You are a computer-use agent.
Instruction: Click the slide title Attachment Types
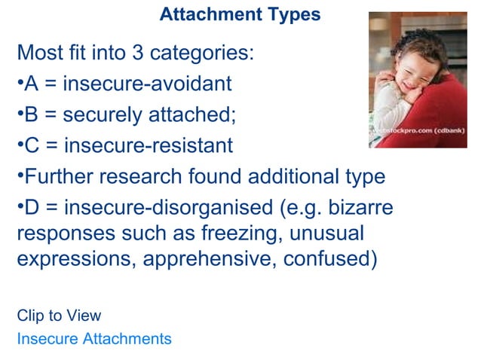240,14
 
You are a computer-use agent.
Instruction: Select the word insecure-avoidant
147,84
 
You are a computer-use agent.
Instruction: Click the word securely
102,114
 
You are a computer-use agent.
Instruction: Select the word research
148,177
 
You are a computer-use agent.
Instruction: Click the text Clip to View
59,316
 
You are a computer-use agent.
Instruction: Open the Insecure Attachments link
94,339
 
